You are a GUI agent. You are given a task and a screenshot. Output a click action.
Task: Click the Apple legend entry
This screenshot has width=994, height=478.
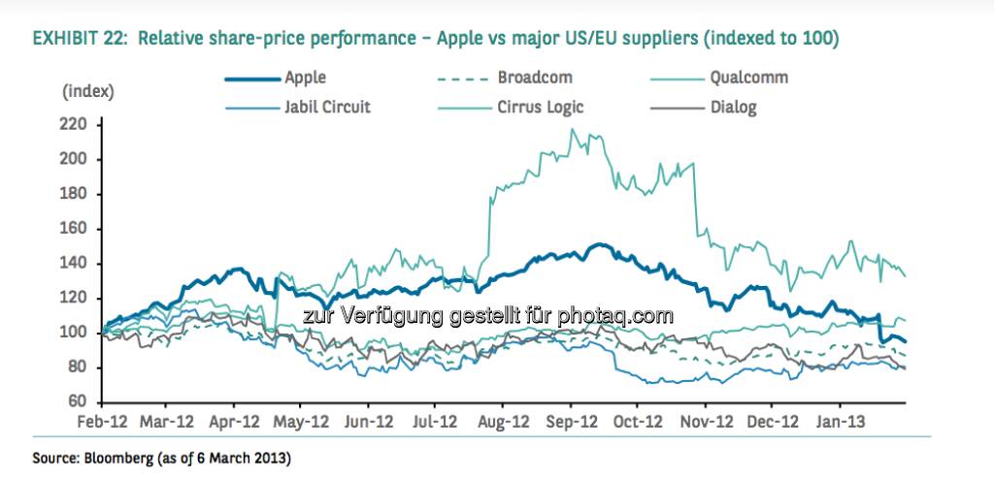[x=306, y=78]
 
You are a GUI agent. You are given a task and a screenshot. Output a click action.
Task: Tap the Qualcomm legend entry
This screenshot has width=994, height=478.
[x=748, y=78]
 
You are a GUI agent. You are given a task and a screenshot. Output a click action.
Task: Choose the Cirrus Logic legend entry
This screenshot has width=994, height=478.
[x=541, y=108]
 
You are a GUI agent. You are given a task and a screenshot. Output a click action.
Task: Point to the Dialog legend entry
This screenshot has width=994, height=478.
[x=733, y=108]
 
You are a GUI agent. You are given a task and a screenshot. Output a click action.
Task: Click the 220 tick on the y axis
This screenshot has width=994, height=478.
[x=77, y=124]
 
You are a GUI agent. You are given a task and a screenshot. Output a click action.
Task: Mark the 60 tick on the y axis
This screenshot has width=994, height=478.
[x=81, y=401]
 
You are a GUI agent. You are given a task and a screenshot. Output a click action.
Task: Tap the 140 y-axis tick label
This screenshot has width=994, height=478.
[x=77, y=263]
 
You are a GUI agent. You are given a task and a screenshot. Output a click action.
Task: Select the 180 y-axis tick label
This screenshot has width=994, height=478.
[x=77, y=194]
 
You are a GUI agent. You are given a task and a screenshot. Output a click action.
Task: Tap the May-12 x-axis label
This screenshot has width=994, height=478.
[x=302, y=423]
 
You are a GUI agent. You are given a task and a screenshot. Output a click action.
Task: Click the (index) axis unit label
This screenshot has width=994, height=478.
[x=88, y=92]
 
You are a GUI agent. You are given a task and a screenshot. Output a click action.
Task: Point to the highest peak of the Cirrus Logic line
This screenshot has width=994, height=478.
[x=572, y=129]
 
